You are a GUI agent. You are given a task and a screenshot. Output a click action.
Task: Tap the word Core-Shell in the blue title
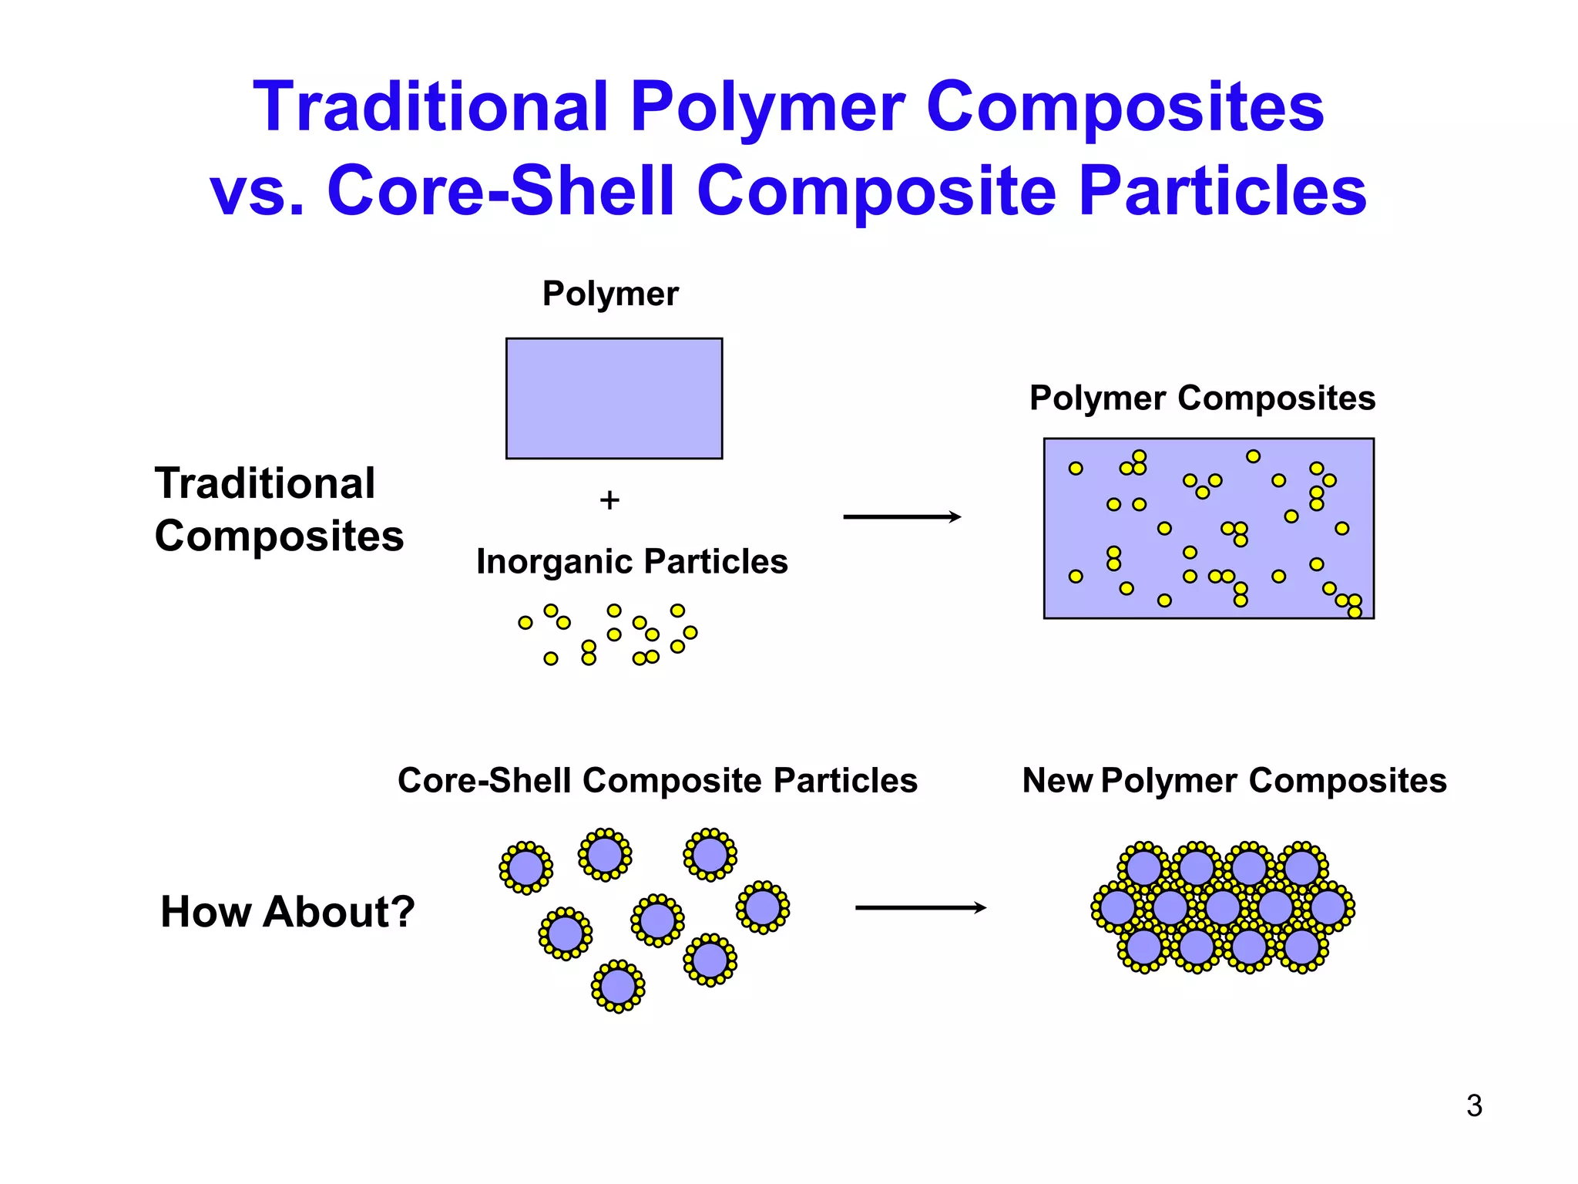501,190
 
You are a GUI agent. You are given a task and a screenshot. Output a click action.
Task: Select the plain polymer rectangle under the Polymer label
613,398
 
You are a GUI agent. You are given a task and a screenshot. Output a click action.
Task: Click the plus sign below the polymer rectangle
609,500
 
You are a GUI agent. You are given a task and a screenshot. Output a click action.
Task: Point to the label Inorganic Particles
632,561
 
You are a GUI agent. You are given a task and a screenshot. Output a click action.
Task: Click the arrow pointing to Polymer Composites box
901,516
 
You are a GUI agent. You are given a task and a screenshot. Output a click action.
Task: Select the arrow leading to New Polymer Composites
920,908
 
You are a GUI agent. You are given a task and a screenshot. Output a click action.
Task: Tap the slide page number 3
1474,1105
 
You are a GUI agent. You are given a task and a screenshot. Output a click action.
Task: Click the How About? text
287,911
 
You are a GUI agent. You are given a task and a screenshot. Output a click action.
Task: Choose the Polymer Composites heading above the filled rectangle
1202,399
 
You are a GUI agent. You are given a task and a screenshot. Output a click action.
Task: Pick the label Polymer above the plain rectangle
610,294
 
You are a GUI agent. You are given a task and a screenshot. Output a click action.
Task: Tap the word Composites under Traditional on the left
279,536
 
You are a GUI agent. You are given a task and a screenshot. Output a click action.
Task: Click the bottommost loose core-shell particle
618,986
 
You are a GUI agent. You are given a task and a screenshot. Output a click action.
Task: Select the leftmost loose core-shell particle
526,867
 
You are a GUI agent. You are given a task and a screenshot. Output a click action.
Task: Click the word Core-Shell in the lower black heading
484,781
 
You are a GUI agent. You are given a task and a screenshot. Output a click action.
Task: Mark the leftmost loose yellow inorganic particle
525,623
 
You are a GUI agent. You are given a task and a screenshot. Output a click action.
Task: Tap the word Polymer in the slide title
767,107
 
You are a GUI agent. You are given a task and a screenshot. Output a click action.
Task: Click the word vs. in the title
257,190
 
